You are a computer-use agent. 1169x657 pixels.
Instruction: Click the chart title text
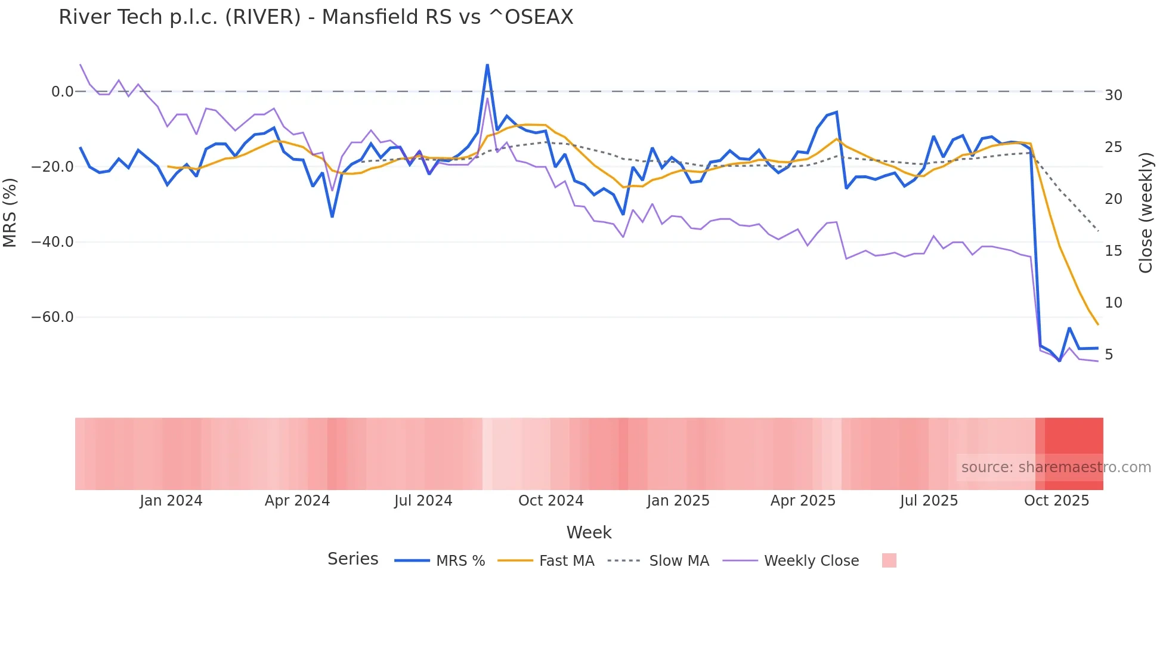pos(316,17)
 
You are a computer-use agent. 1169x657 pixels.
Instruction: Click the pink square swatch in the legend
pos(889,560)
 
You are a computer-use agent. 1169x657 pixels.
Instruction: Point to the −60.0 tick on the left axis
pos(52,317)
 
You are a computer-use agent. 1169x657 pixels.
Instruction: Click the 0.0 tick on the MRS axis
pos(62,92)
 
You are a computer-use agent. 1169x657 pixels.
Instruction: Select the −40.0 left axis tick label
pos(52,242)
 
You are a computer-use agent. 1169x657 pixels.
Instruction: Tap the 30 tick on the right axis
pos(1114,95)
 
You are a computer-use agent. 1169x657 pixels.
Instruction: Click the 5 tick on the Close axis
pos(1109,355)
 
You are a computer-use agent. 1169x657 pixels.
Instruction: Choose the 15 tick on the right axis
pos(1114,251)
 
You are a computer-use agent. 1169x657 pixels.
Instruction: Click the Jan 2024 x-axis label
pos(171,501)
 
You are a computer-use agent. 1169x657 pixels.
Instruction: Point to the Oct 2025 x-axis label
pos(1056,501)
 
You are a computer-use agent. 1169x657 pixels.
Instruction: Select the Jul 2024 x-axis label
pos(423,501)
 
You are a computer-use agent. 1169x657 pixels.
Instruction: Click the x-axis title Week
pos(589,532)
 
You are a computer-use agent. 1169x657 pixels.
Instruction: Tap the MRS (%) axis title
pos(10,212)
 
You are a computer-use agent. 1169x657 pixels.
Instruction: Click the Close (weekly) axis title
pos(1146,212)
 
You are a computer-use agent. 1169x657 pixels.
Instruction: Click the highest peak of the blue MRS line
pos(487,65)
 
